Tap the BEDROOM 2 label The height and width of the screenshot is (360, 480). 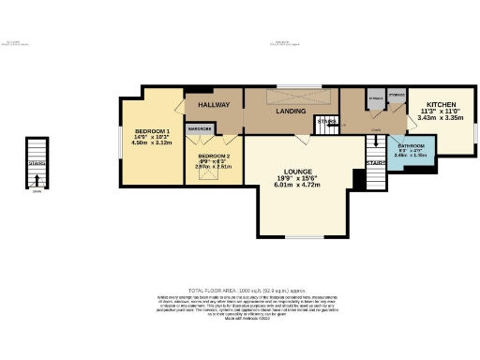(x=214, y=156)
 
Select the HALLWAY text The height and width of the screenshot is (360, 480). (x=212, y=104)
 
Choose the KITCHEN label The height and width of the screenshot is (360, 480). (x=442, y=104)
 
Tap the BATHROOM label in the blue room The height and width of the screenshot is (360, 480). (x=412, y=147)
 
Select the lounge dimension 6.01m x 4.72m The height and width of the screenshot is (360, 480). (x=297, y=186)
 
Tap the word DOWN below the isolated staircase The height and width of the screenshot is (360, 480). (x=36, y=191)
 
